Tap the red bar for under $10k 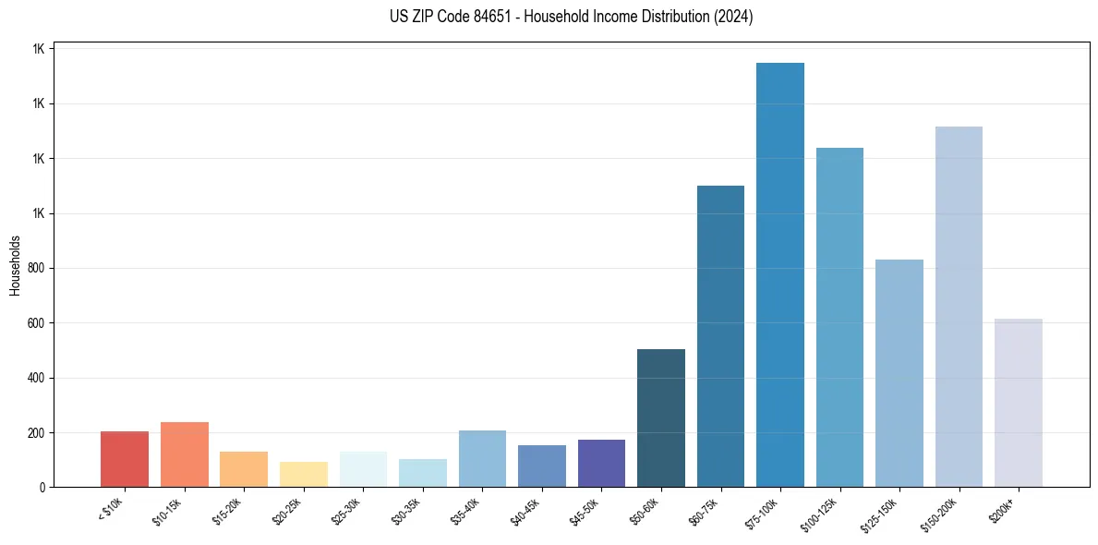[125, 459]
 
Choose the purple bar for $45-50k [601, 463]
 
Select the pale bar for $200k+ [1018, 403]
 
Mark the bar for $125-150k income [899, 373]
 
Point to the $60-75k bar [720, 336]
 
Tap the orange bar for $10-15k [185, 454]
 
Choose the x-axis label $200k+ [1011, 506]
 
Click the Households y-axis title [16, 265]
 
